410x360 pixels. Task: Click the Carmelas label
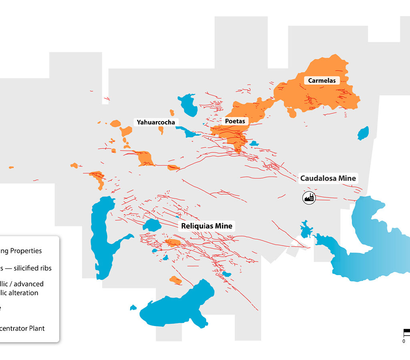pos(322,80)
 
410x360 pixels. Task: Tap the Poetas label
pos(235,121)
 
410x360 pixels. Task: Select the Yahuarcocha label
pos(156,122)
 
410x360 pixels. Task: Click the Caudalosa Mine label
pos(328,178)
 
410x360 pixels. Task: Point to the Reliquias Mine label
pos(207,226)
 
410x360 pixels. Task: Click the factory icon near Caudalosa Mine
pos(309,197)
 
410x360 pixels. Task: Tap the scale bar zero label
pos(404,341)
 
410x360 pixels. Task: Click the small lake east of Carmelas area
pos(363,133)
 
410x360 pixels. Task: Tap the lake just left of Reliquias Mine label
pos(152,225)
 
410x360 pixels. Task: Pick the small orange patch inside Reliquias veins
pos(173,242)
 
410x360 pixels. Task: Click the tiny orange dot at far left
pos(11,167)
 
